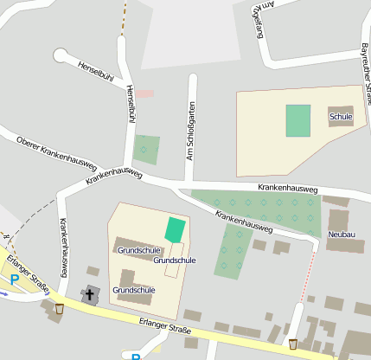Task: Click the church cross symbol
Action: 90,294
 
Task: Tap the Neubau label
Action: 342,235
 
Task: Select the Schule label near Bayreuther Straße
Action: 341,115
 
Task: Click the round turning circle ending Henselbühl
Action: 61,55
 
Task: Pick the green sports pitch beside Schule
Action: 298,120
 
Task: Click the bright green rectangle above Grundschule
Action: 176,229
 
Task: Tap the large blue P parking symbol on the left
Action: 15,280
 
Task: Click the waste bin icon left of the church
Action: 59,307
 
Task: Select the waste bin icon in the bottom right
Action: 293,344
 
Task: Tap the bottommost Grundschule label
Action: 133,290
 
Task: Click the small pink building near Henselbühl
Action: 144,93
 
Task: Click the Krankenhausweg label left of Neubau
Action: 245,222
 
